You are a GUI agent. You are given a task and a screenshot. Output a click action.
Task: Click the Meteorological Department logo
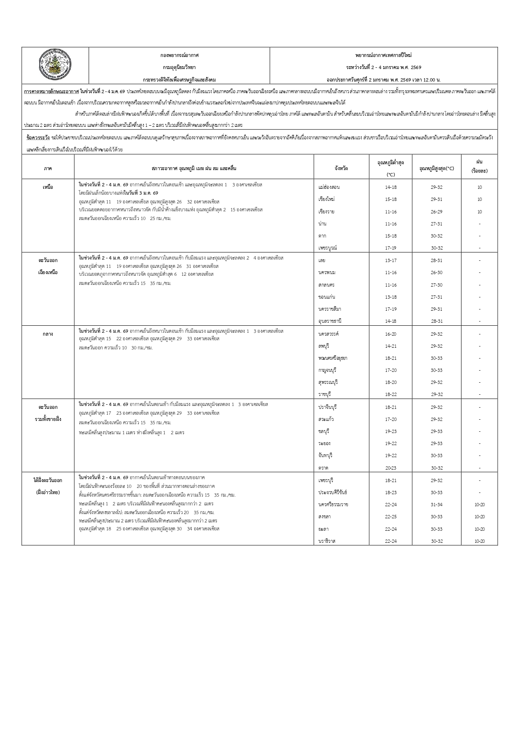coord(55,64)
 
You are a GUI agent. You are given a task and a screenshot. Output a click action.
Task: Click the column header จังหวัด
coord(341,168)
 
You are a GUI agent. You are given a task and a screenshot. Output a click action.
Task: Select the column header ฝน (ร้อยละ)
coord(479,166)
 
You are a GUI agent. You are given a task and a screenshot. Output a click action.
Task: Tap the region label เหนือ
coord(48,187)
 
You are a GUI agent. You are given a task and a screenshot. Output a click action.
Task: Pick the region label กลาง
coord(48,334)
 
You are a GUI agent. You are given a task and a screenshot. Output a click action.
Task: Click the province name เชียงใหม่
coord(326,199)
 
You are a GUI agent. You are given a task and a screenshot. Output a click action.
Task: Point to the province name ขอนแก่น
coord(327,297)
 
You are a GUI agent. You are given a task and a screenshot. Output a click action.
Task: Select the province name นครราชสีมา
coord(330,309)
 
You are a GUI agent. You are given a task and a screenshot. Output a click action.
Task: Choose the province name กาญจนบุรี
coord(327,370)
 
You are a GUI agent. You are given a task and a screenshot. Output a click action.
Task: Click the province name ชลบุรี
coord(324,431)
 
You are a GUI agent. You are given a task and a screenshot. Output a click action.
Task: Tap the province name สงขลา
coord(324,517)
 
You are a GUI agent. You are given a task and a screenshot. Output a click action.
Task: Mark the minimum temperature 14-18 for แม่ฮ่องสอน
coord(391,187)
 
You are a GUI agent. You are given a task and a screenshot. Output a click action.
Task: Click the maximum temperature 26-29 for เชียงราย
coord(437,212)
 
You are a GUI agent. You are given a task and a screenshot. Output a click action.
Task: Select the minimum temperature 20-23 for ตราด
coord(391,468)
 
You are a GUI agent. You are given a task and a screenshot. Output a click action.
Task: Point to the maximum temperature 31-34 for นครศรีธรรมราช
coord(437,505)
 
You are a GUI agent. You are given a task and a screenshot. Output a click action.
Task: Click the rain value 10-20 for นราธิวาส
coord(479,541)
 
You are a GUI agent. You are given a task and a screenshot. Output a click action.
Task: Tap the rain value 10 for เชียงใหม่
coord(479,199)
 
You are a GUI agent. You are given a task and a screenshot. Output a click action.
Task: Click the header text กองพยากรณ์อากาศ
coord(179,55)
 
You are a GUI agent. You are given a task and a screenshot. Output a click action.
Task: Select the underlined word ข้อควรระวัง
coord(38,137)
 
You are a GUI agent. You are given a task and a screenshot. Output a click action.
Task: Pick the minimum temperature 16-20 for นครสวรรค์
coord(391,334)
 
